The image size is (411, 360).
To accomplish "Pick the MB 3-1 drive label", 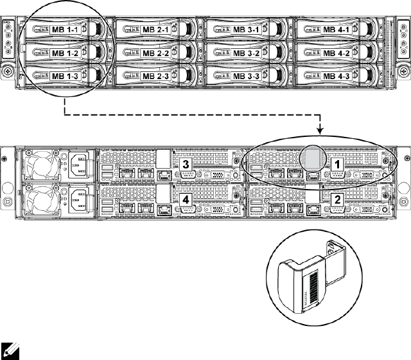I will tap(246, 30).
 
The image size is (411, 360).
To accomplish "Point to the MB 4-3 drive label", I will tap(337, 76).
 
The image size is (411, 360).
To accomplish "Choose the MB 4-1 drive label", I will tap(337, 30).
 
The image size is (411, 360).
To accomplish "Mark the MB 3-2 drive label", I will tap(246, 53).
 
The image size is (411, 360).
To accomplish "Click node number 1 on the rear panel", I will tap(336, 165).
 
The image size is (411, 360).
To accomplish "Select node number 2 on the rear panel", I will tap(336, 199).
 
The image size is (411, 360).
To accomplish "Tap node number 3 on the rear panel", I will tap(186, 165).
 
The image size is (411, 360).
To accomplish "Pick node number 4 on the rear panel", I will tap(186, 200).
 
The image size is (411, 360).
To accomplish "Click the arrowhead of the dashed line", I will tap(320, 132).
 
